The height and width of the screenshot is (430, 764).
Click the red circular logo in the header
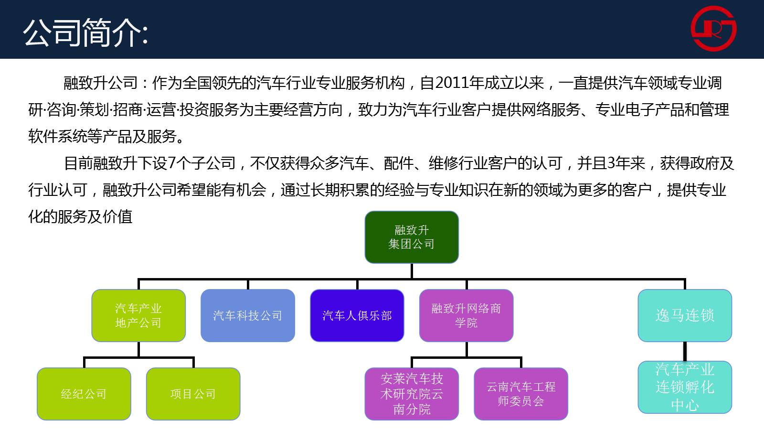point(713,28)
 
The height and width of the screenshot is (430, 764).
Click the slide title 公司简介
point(85,32)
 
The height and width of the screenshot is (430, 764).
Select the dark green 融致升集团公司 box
point(412,237)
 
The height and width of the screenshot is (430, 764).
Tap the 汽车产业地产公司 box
point(138,315)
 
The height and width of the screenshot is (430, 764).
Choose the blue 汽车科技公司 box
point(248,315)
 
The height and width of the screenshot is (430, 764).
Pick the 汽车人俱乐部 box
point(357,315)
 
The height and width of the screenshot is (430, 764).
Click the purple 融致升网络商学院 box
point(466,315)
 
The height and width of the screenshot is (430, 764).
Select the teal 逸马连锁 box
point(685,315)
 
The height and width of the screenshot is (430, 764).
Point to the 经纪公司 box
point(84,394)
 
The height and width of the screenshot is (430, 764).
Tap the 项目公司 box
point(193,394)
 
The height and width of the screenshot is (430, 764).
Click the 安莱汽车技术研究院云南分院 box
point(412,394)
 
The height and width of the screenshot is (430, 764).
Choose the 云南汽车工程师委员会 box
point(521,394)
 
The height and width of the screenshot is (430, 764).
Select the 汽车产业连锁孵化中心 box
point(685,387)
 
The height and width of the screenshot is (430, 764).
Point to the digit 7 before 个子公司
point(172,163)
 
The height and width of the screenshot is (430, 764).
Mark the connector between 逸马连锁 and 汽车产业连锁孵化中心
point(685,351)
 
